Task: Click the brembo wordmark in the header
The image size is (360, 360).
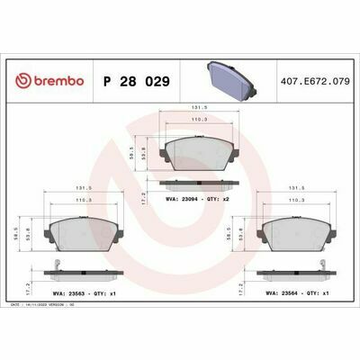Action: pos(53,81)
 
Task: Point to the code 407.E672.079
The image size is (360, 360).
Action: pos(315,81)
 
